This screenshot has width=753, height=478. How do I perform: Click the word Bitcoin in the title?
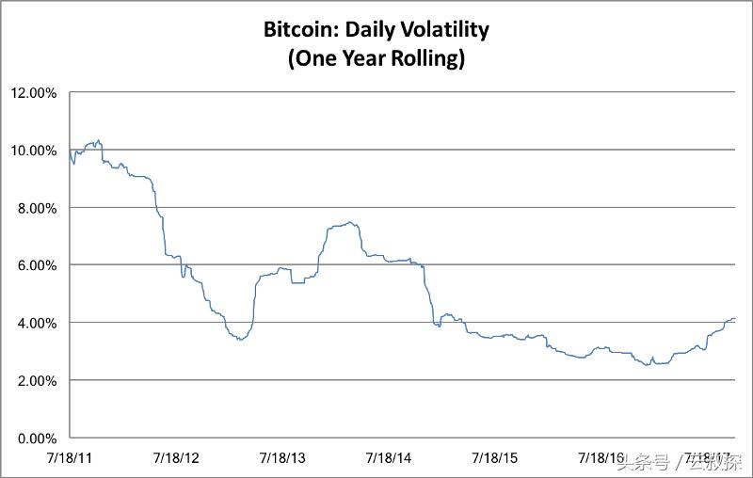point(303,29)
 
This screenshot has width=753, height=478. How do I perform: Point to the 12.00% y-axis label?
point(35,92)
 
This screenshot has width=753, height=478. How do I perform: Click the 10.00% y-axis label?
point(35,150)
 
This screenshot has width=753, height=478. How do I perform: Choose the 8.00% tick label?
point(38,207)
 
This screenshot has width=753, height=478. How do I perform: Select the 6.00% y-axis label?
point(38,265)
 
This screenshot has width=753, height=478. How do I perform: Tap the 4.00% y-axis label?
point(38,323)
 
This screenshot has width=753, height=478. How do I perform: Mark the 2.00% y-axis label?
point(38,380)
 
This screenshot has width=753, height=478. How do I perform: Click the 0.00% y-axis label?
point(38,438)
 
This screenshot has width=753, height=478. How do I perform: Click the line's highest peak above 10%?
point(98,140)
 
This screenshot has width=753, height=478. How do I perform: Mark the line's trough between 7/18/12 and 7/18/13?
point(241,339)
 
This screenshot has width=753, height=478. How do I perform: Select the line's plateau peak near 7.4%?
point(349,223)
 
